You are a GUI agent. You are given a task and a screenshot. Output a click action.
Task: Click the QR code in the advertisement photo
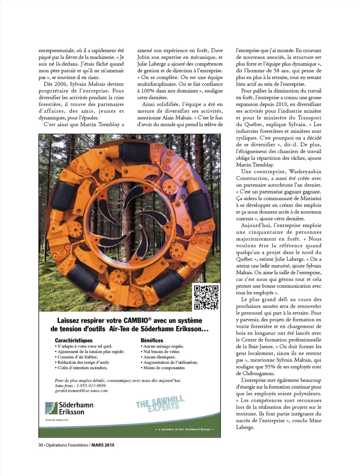coord(206,297)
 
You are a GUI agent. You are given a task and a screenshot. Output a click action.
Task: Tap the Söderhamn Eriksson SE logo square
coord(51,408)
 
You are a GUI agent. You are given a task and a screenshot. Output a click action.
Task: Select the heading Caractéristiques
coord(74,340)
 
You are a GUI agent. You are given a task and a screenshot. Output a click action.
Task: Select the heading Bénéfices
coord(152,340)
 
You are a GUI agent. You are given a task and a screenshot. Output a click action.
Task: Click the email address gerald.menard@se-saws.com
coord(81,391)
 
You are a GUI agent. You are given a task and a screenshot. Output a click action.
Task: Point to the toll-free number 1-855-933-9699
coord(91,386)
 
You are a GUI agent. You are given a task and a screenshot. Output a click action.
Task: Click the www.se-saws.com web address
coord(57,420)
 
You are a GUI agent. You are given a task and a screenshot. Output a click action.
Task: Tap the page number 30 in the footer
coord(40,445)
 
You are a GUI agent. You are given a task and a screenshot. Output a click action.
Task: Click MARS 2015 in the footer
coord(103,445)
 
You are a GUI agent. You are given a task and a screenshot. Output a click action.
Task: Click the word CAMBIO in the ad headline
coord(136,321)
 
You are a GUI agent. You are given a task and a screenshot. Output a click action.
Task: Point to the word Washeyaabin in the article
coord(305,172)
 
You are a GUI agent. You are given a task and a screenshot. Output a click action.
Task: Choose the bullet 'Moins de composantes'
coord(164,368)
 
